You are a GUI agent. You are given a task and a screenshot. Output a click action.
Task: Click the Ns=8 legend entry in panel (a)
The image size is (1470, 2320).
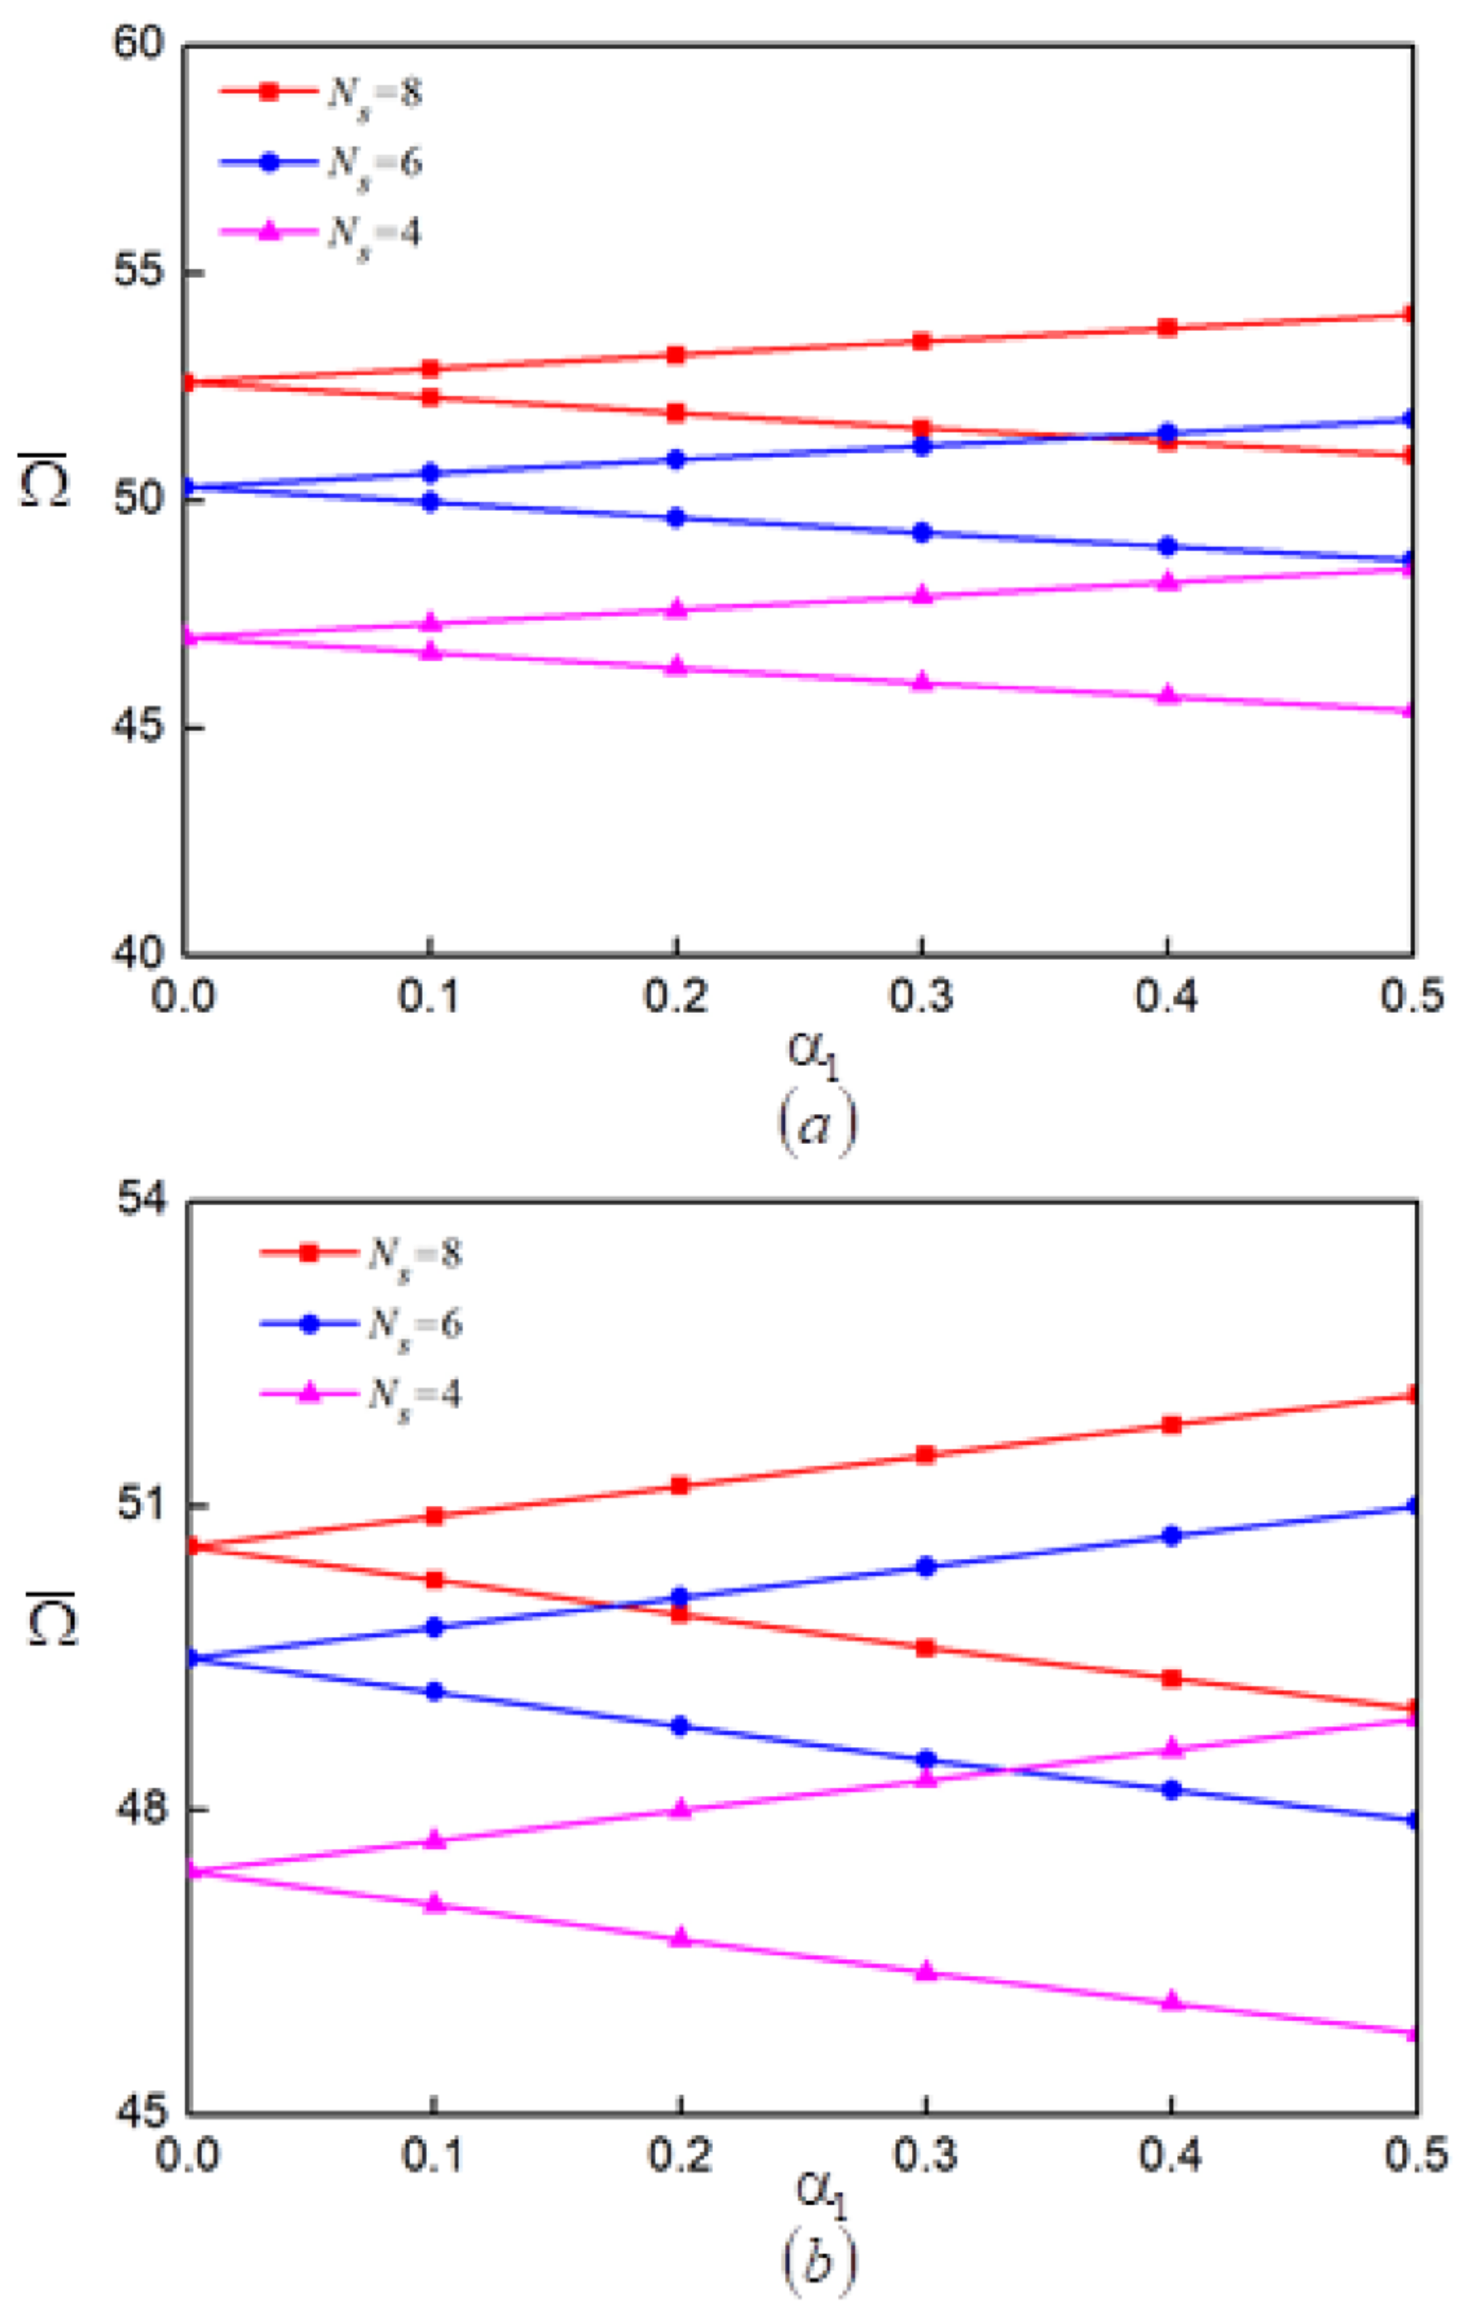323,93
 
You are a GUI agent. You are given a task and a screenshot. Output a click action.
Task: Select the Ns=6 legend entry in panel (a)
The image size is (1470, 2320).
323,163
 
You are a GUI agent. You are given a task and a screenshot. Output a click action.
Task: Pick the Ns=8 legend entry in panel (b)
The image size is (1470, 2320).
362,1254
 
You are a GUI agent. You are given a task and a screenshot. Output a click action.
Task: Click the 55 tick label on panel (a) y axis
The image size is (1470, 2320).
140,272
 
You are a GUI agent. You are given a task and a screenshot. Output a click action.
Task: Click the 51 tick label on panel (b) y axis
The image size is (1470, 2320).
142,1505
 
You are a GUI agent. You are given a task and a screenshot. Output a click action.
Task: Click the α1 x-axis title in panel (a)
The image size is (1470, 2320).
814,1052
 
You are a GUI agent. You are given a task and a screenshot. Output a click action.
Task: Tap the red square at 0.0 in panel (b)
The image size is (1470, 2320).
191,1546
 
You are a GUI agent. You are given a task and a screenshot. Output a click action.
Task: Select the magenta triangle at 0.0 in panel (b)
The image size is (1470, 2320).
191,1870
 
